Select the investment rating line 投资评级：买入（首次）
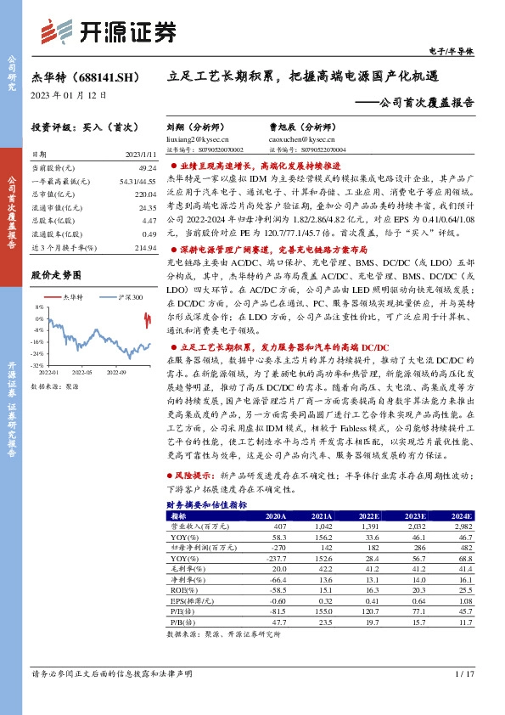point(77,126)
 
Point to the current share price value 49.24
point(147,168)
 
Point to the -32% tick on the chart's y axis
point(37,365)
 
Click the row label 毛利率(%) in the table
point(184,568)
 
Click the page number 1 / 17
point(462,674)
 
